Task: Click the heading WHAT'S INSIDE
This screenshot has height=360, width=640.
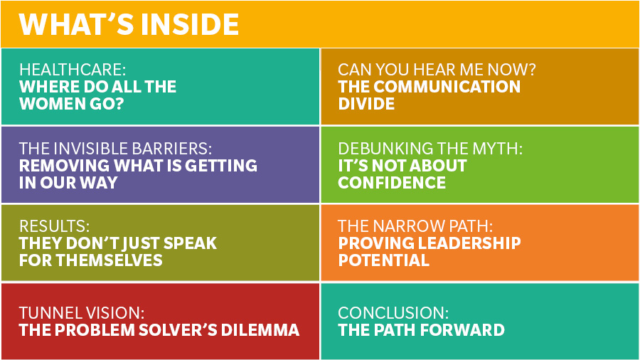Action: [129, 24]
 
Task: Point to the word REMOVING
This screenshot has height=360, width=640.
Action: [64, 166]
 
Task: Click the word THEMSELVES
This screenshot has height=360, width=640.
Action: [110, 260]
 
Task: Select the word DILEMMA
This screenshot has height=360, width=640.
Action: [260, 330]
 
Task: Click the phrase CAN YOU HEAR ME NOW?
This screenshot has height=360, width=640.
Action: [437, 70]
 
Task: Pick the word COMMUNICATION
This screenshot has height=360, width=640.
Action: [447, 87]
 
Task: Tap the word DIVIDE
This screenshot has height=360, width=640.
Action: [366, 104]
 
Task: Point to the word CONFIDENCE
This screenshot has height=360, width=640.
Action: [392, 182]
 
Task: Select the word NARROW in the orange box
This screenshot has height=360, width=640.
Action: [409, 226]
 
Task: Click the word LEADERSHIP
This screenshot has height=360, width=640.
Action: [469, 243]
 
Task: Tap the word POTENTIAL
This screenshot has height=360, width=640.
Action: [384, 260]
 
